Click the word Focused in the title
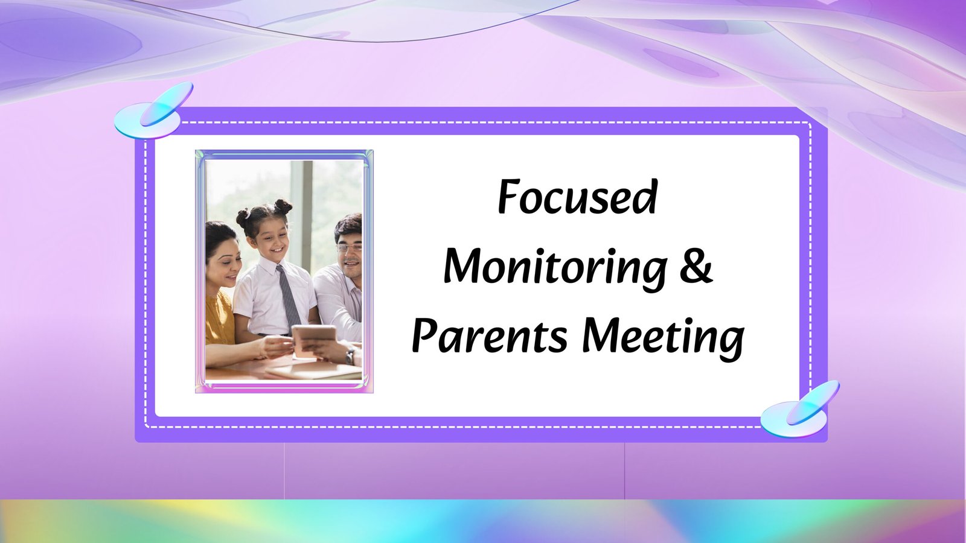[577, 197]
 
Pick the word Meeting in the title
[664, 338]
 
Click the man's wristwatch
[350, 357]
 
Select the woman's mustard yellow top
[219, 319]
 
